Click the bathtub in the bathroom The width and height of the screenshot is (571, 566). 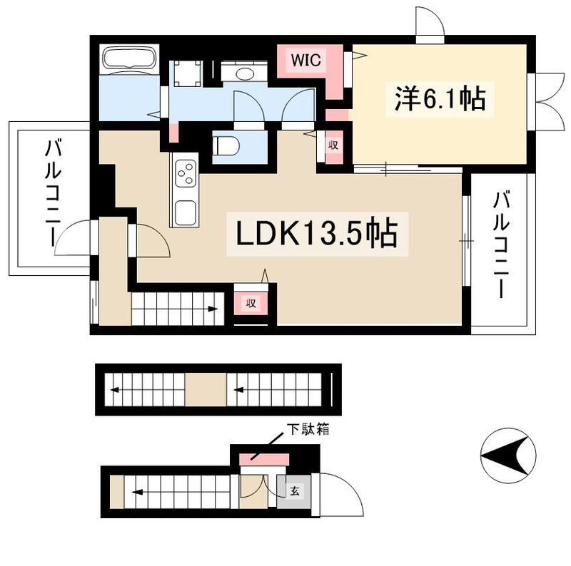[129, 60]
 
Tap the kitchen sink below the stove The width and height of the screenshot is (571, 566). [186, 211]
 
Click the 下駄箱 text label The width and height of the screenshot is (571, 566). [308, 429]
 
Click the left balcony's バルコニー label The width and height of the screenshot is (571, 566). [52, 193]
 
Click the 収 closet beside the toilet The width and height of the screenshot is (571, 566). [333, 145]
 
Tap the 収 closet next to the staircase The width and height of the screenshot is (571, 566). [251, 302]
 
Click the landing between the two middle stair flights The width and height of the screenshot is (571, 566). [206, 389]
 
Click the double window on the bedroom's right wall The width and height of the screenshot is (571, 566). [547, 100]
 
